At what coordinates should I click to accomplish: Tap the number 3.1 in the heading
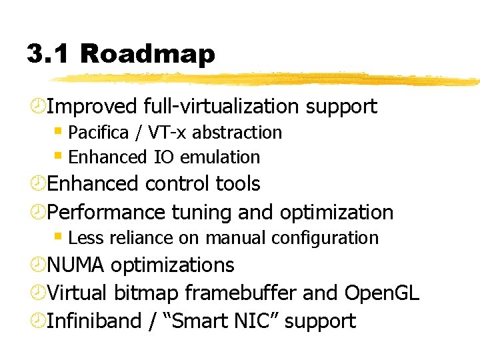pyautogui.click(x=51, y=53)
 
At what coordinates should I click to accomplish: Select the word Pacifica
pyautogui.click(x=99, y=133)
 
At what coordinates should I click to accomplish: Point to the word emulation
pyautogui.click(x=220, y=157)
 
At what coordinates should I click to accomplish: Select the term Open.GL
pyautogui.click(x=381, y=293)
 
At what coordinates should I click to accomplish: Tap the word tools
pyautogui.click(x=238, y=183)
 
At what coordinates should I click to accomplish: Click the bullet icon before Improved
pyautogui.click(x=37, y=107)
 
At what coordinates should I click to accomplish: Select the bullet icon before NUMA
pyautogui.click(x=37, y=266)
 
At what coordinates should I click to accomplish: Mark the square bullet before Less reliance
pyautogui.click(x=59, y=236)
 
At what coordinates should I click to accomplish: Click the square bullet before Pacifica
pyautogui.click(x=59, y=131)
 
